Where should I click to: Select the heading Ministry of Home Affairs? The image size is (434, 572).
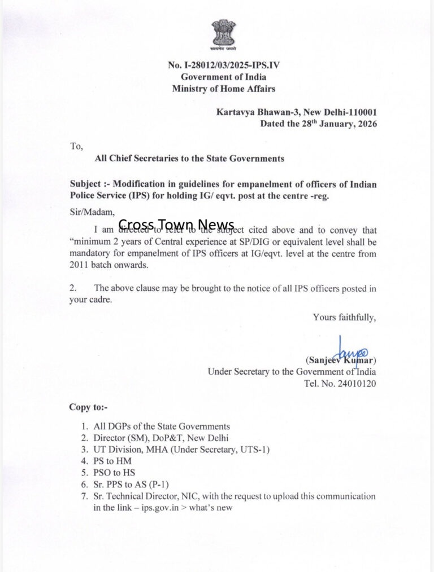224,89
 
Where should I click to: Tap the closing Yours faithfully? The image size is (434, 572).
344,317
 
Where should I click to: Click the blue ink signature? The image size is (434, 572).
351,350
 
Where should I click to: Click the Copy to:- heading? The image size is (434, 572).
88,407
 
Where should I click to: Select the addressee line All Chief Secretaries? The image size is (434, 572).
189,159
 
